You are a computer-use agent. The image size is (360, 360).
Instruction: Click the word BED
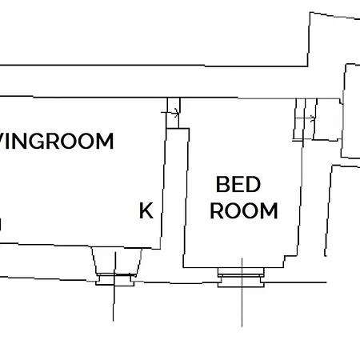(238, 184)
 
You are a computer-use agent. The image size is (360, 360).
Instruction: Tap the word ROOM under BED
(244, 210)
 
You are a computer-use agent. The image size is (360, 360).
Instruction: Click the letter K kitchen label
(146, 210)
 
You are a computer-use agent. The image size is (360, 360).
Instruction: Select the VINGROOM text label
(56, 141)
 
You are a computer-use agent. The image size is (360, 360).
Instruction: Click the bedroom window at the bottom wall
(241, 278)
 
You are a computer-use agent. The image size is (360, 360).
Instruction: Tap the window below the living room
(115, 279)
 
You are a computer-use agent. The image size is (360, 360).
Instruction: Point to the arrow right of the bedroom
(305, 118)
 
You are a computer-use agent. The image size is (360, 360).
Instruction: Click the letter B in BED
(222, 184)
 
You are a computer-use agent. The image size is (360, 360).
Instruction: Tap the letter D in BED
(253, 184)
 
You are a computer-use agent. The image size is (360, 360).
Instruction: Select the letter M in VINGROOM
(105, 141)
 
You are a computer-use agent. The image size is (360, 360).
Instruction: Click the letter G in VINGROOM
(36, 141)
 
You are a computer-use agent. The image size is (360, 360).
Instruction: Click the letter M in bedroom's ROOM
(269, 210)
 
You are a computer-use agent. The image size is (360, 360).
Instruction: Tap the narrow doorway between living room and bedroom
(174, 113)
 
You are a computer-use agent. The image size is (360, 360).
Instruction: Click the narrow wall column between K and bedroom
(174, 198)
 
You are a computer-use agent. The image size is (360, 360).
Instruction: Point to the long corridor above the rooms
(170, 82)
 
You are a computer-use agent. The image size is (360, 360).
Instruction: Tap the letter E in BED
(238, 184)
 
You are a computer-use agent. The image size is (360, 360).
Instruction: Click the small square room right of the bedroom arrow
(328, 119)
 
